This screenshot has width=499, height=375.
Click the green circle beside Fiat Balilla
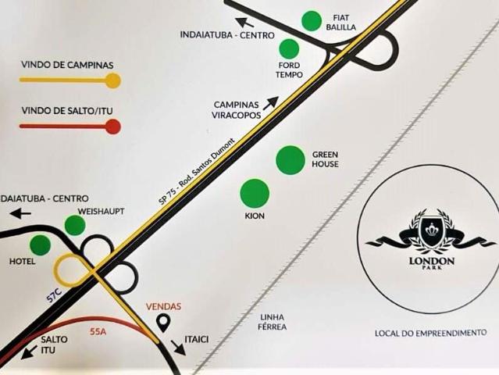pyautogui.click(x=312, y=20)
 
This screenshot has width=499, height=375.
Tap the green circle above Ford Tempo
pyautogui.click(x=289, y=48)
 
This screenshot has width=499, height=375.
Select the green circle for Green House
pyautogui.click(x=290, y=160)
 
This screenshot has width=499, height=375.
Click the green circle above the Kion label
pyautogui.click(x=255, y=193)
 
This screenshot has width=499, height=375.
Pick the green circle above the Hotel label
pyautogui.click(x=41, y=245)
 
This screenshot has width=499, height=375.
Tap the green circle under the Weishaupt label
pyautogui.click(x=75, y=225)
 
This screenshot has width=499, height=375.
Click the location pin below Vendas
pyautogui.click(x=163, y=323)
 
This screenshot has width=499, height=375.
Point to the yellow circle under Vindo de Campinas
pyautogui.click(x=113, y=80)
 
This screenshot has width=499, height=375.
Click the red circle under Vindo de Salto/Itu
pyautogui.click(x=113, y=127)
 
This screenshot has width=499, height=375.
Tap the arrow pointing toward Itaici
pyautogui.click(x=178, y=348)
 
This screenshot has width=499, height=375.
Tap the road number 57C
pyautogui.click(x=54, y=296)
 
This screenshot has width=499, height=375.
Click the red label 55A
pyautogui.click(x=98, y=332)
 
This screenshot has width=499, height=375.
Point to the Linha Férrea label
pyautogui.click(x=272, y=322)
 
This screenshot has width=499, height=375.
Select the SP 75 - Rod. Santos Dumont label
pyautogui.click(x=197, y=171)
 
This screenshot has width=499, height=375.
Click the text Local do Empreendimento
pyautogui.click(x=430, y=333)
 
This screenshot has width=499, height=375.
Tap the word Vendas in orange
pyautogui.click(x=163, y=306)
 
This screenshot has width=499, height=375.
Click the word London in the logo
pyautogui.click(x=432, y=262)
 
